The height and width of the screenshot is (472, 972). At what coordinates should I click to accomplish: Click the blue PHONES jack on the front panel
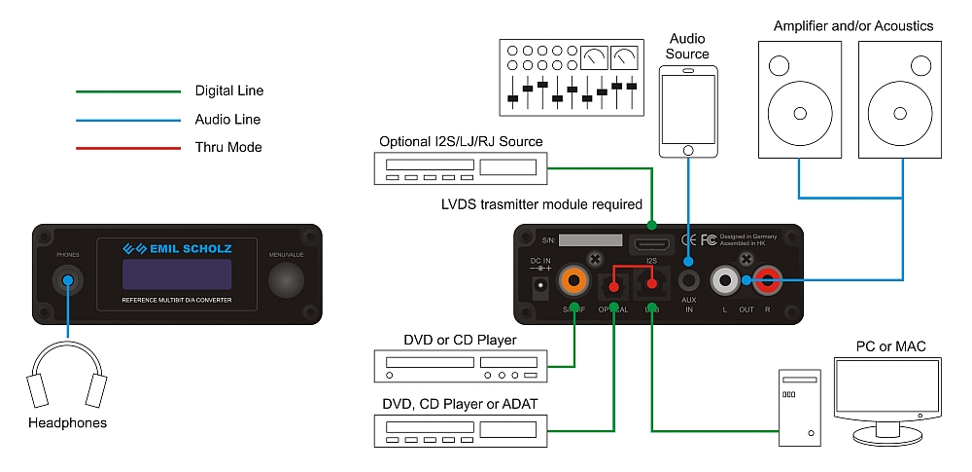67,282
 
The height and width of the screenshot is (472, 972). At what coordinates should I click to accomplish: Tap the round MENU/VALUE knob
288,281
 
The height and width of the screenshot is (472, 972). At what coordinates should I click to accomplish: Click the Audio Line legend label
227,120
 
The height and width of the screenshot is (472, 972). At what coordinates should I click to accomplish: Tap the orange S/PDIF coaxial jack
574,282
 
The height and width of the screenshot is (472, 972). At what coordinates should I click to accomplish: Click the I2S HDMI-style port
651,243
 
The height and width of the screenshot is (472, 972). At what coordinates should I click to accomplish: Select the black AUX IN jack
689,282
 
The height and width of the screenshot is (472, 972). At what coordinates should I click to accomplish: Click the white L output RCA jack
725,282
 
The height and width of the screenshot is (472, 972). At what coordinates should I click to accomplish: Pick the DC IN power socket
539,287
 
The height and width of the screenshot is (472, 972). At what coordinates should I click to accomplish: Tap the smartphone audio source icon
688,111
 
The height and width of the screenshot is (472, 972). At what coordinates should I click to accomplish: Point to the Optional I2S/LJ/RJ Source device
461,169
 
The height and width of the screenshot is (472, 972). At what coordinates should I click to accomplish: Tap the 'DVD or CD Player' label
460,340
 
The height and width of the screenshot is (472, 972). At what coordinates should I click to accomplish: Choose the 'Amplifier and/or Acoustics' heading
853,25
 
